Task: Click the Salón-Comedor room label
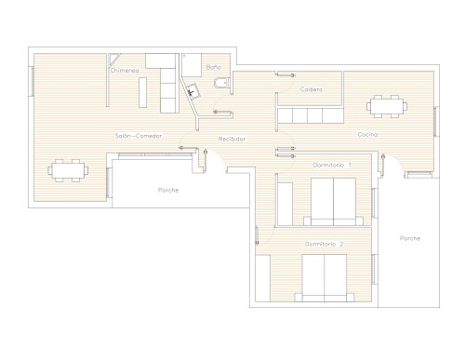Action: (x=139, y=136)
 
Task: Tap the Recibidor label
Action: (x=232, y=139)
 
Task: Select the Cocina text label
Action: (x=367, y=134)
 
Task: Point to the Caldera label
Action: (x=312, y=89)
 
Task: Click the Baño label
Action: (x=214, y=67)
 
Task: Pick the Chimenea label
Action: (x=125, y=71)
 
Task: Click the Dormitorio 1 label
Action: (x=332, y=165)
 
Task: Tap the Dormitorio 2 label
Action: (x=324, y=244)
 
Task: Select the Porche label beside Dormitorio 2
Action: (x=410, y=238)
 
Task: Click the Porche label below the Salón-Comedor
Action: (x=168, y=190)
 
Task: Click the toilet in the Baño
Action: (x=221, y=83)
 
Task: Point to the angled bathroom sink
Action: (x=193, y=90)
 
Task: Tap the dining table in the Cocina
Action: (x=387, y=106)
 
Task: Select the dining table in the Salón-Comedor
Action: (x=68, y=170)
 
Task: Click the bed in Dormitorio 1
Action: (x=333, y=202)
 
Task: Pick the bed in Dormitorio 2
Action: (x=325, y=278)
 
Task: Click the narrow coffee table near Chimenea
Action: (x=142, y=92)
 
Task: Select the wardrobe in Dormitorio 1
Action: (x=285, y=204)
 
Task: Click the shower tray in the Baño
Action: (x=192, y=65)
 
